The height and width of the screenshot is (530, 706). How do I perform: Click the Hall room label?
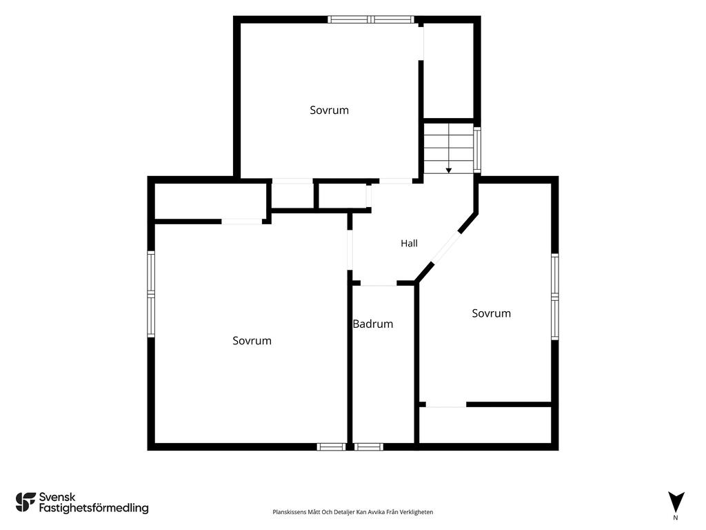pyautogui.click(x=409, y=244)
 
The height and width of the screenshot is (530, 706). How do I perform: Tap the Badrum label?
pyautogui.click(x=373, y=324)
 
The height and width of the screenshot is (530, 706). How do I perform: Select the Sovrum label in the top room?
pyautogui.click(x=329, y=110)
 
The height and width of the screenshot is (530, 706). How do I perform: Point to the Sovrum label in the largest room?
pyautogui.click(x=252, y=340)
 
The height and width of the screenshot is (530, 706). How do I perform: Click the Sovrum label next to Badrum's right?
pyautogui.click(x=491, y=313)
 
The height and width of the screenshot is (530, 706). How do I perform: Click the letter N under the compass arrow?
pyautogui.click(x=676, y=518)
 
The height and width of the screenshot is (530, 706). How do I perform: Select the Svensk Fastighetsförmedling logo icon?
pyautogui.click(x=26, y=502)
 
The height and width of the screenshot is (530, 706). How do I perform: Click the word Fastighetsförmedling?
pyautogui.click(x=94, y=508)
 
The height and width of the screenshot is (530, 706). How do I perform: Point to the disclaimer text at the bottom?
pyautogui.click(x=352, y=512)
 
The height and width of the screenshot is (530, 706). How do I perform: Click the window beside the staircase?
pyautogui.click(x=477, y=150)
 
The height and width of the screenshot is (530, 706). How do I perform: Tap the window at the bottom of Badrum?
pyautogui.click(x=368, y=446)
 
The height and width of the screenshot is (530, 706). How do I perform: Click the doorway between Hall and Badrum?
pyautogui.click(x=379, y=284)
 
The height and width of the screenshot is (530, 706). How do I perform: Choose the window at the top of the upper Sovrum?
pyautogui.click(x=370, y=19)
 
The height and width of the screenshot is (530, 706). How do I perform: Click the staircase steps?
pyautogui.click(x=448, y=149)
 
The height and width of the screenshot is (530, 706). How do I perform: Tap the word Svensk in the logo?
pyautogui.click(x=57, y=497)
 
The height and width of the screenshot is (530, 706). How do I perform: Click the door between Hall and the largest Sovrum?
pyautogui.click(x=350, y=250)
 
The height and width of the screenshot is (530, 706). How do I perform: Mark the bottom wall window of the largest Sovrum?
pyautogui.click(x=331, y=446)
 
